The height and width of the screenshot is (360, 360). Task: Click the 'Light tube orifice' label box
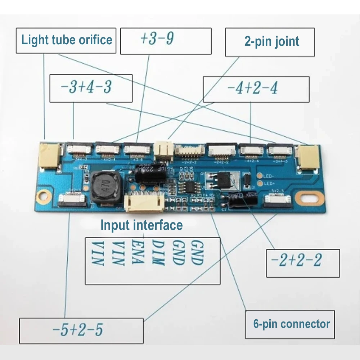click(x=66, y=40)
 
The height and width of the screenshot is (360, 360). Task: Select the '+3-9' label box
click(x=165, y=41)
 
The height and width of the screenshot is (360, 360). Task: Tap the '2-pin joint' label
click(x=270, y=41)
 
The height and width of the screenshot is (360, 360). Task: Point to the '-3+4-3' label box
click(x=91, y=88)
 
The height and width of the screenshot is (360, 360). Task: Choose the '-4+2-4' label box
click(x=256, y=89)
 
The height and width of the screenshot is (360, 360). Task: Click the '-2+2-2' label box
click(x=303, y=263)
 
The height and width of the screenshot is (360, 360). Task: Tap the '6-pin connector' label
click(x=290, y=324)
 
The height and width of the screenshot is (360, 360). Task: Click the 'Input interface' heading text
click(x=141, y=225)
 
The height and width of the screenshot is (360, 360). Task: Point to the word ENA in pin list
click(x=138, y=253)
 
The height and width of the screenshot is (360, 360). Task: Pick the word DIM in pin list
click(x=158, y=253)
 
